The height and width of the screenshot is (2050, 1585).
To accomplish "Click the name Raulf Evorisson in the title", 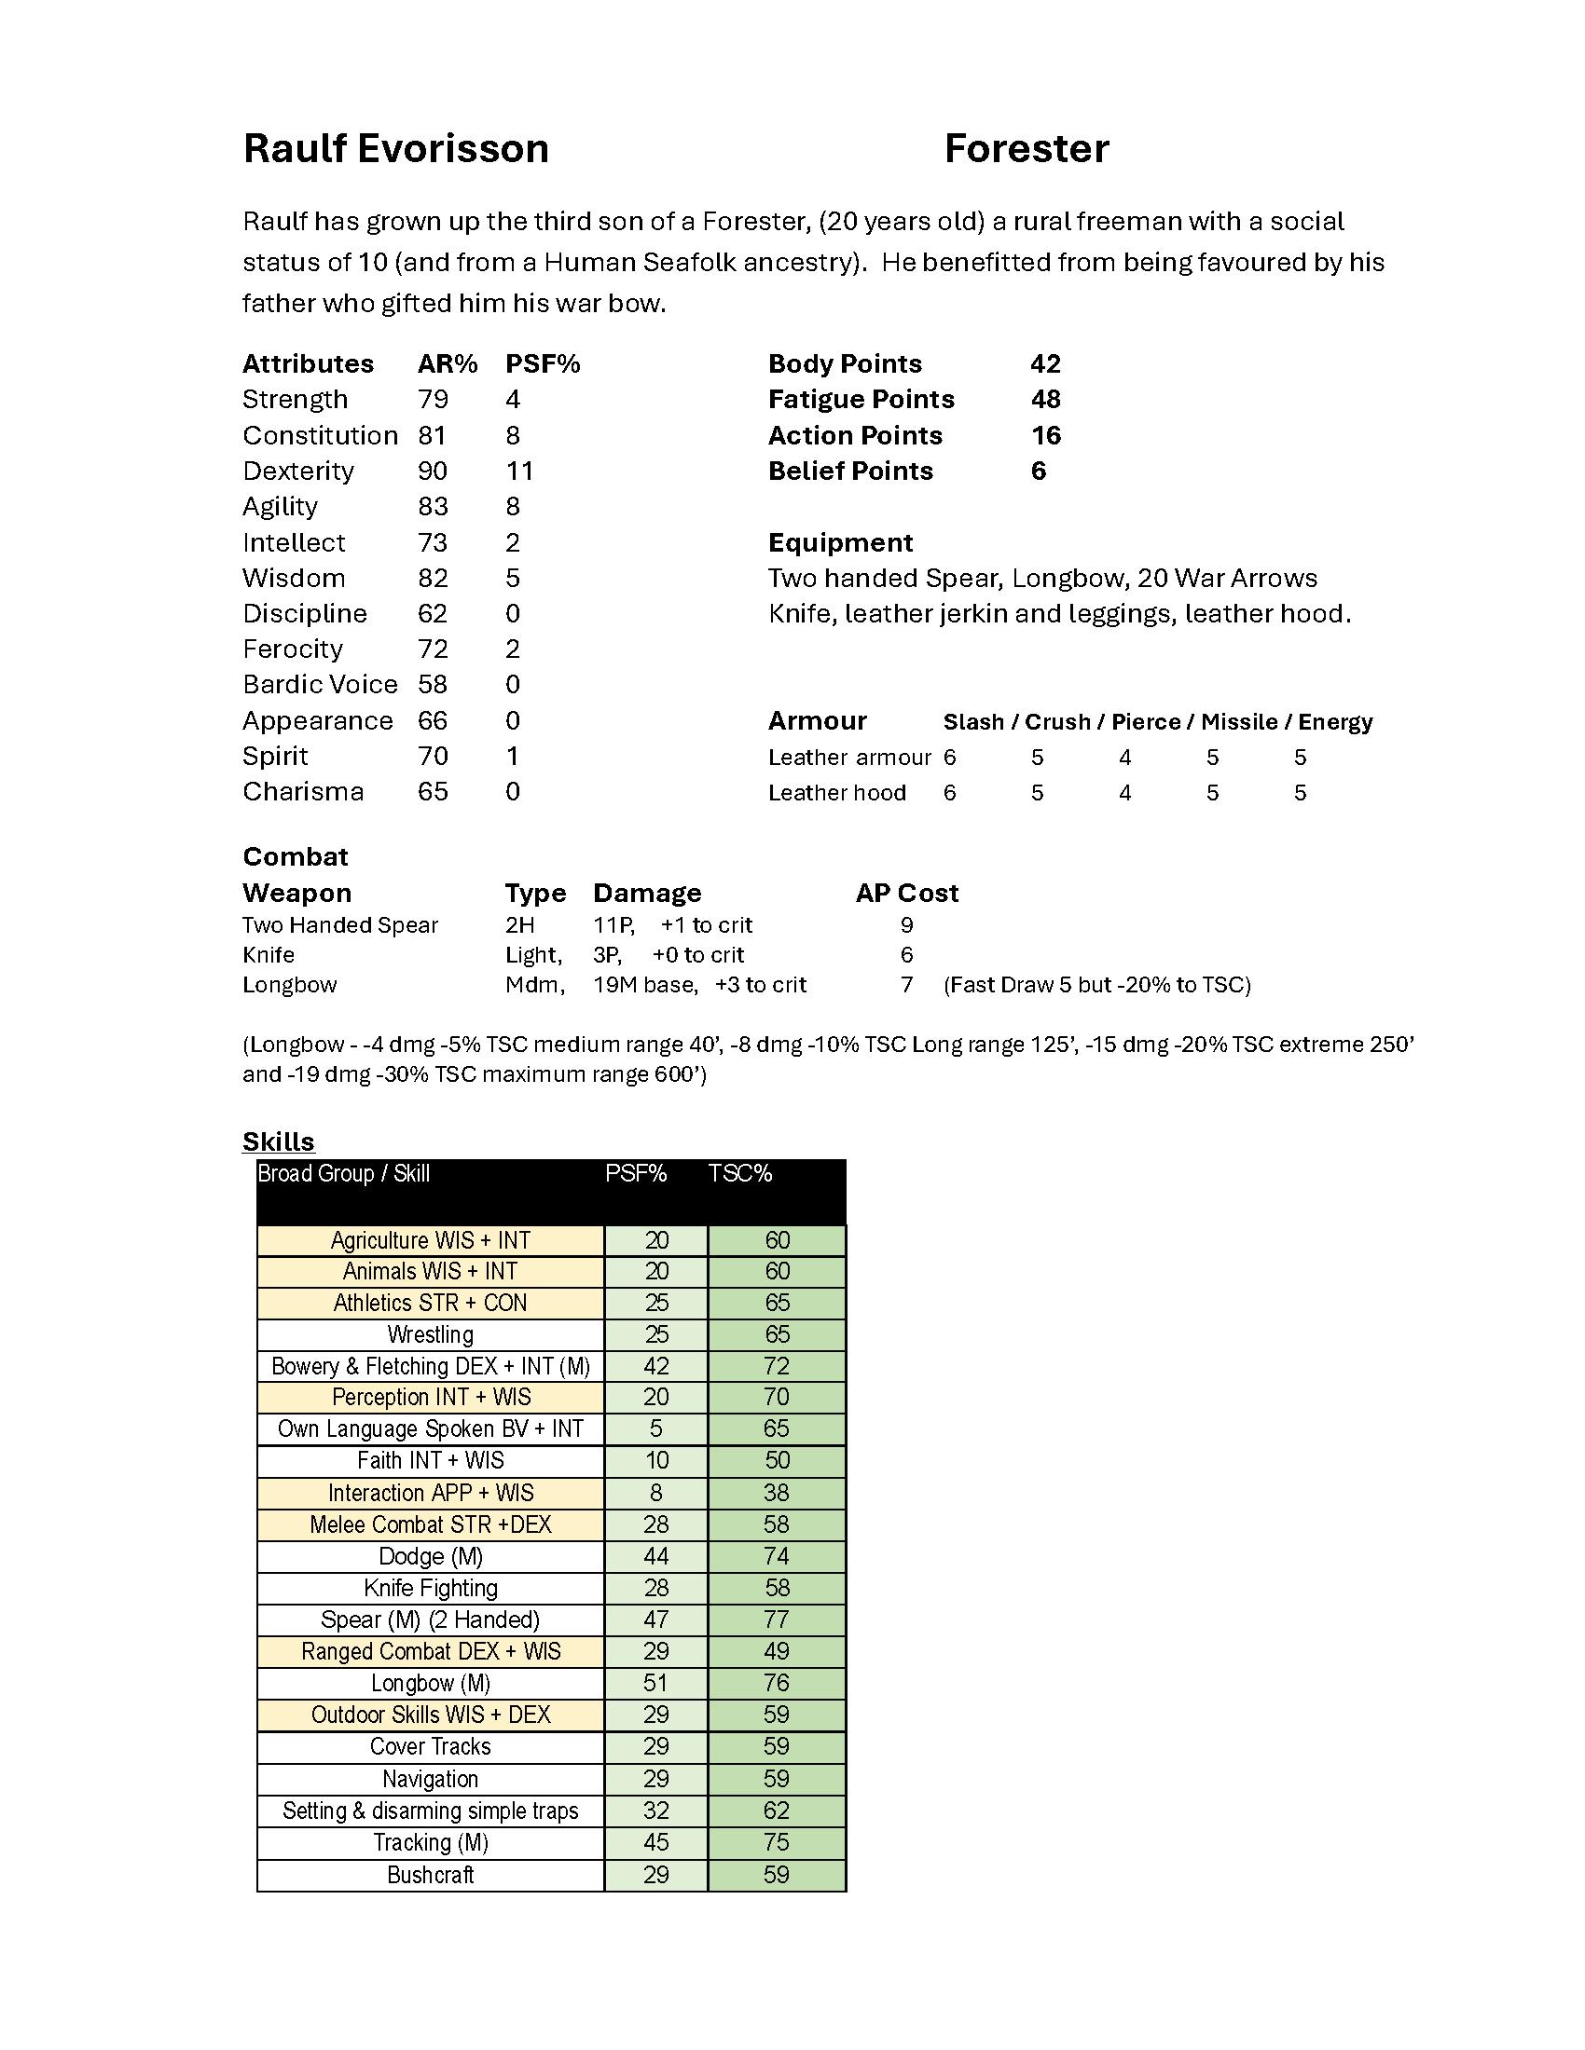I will click(395, 149).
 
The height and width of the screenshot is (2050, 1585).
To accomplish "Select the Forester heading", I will click(1027, 149).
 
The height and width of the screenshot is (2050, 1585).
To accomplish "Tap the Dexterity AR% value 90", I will click(433, 471).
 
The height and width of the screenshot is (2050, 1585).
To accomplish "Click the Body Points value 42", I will click(1045, 364).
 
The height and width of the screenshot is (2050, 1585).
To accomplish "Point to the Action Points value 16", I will click(1045, 435).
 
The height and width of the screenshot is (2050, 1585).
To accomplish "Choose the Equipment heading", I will click(839, 542).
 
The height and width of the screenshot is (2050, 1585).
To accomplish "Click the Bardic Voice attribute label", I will click(319, 685).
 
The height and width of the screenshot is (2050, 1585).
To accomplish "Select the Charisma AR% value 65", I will click(433, 792).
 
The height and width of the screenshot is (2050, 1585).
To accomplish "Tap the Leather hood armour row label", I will click(836, 793).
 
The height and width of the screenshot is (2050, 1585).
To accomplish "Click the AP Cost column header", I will click(906, 893).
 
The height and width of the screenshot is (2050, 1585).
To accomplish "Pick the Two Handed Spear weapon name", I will click(340, 925).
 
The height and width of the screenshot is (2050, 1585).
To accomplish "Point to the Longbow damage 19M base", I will click(645, 985).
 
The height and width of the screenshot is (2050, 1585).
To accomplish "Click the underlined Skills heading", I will click(278, 1141).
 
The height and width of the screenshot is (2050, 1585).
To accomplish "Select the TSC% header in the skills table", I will click(740, 1174).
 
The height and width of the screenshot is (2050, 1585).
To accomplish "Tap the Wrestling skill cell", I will click(430, 1334).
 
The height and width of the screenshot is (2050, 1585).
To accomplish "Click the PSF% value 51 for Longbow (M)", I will click(655, 1683).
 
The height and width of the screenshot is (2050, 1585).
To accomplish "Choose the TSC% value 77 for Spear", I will click(777, 1620).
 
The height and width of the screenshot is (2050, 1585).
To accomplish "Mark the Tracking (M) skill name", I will click(430, 1842).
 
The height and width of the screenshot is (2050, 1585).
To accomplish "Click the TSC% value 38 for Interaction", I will click(777, 1494).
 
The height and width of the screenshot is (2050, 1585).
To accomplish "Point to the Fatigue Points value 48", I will click(1045, 400).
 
